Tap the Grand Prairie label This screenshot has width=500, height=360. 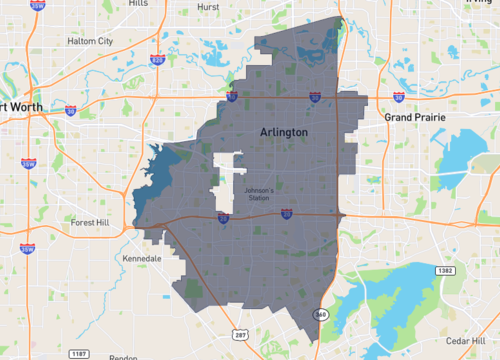pos(413,117)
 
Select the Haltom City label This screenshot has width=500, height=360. pos(91,41)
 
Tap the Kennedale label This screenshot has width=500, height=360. pos(140,258)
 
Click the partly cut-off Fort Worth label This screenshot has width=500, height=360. pos(20,108)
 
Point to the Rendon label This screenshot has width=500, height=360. pos(123,357)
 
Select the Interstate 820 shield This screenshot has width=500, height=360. pos(157,61)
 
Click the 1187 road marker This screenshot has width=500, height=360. pos(78,354)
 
